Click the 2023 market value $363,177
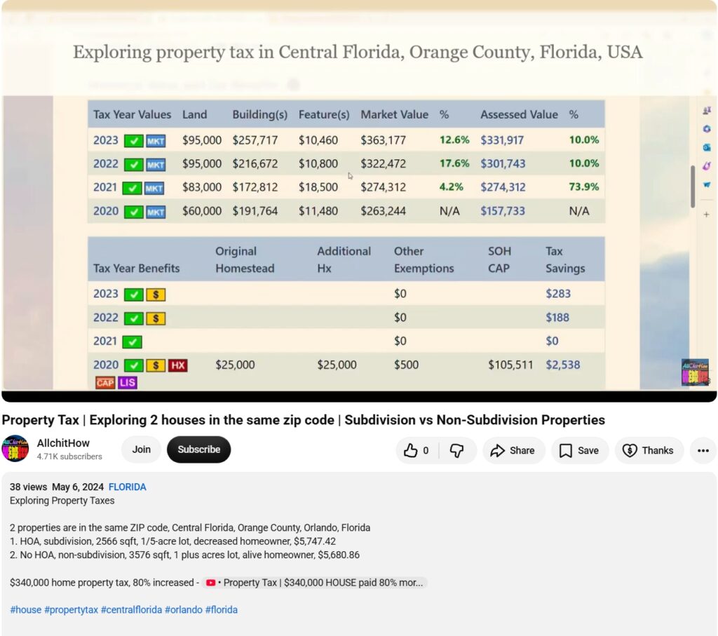pyautogui.click(x=383, y=140)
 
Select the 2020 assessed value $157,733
pyautogui.click(x=502, y=211)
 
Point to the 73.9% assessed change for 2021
pyautogui.click(x=584, y=187)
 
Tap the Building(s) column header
pyautogui.click(x=259, y=114)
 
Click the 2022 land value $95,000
pyautogui.click(x=201, y=163)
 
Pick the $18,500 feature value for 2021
pyautogui.click(x=318, y=187)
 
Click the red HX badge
pyautogui.click(x=177, y=365)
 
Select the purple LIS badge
pyautogui.click(x=128, y=382)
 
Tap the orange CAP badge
pyautogui.click(x=105, y=382)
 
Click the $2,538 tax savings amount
pyautogui.click(x=562, y=365)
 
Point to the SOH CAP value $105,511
pyautogui.click(x=510, y=365)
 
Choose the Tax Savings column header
pyautogui.click(x=565, y=259)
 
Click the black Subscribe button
pyautogui.click(x=198, y=449)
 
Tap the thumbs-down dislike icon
pyautogui.click(x=456, y=451)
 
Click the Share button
pyautogui.click(x=514, y=451)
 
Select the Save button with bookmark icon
pyautogui.click(x=580, y=451)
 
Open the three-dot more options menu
pyautogui.click(x=703, y=451)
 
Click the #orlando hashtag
pyautogui.click(x=183, y=610)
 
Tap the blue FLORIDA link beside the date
pyautogui.click(x=128, y=487)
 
